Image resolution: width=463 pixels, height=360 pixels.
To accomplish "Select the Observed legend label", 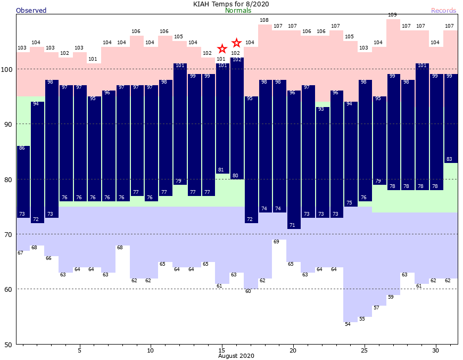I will coord(31,11).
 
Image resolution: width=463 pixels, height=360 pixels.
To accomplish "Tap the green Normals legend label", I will coord(238,11).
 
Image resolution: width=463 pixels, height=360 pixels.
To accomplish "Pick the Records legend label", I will coord(443,11).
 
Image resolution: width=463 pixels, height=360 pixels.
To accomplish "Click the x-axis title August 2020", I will coord(236,355).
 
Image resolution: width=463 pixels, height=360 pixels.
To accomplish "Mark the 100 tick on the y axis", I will coord(7,69).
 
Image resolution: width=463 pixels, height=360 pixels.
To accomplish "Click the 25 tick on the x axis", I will coord(365,350).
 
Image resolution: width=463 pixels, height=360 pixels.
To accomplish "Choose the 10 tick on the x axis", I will coord(151,350).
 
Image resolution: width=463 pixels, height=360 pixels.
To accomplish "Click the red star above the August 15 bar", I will coord(222,49).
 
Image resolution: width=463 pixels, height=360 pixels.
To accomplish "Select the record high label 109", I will coord(393,15).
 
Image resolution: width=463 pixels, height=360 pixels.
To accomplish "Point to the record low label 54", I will coord(348,324).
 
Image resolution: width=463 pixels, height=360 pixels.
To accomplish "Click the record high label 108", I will coord(264,20).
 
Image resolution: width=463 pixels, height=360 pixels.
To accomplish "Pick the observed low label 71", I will coord(292,225).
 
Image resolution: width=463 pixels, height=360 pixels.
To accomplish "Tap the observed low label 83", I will coord(450,159).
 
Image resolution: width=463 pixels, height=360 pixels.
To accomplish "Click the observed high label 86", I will coord(22,148).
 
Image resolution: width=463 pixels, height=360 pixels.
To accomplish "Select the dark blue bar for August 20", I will coord(293,160).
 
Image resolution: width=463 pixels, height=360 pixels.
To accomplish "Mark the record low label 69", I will coord(276,242).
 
